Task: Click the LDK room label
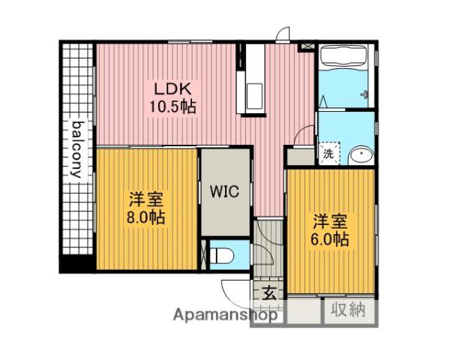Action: [172, 89]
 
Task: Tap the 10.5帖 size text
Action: [172, 106]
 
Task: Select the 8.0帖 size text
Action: [145, 217]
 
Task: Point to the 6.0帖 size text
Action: [330, 239]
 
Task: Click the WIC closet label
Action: [224, 191]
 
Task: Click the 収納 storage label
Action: [349, 310]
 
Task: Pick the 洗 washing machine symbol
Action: [329, 153]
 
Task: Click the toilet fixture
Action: [222, 256]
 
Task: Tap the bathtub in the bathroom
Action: [343, 57]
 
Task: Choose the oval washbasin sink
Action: [361, 156]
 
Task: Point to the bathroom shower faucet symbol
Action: [364, 94]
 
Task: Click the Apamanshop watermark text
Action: [225, 315]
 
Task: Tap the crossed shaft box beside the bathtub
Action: [306, 46]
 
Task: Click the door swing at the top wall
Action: [283, 34]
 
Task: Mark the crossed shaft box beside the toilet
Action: [204, 254]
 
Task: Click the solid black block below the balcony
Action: [77, 264]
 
